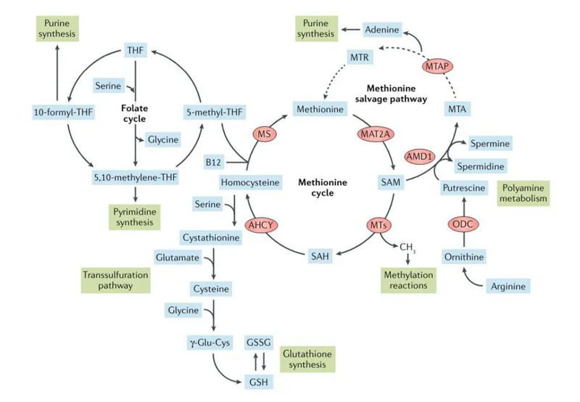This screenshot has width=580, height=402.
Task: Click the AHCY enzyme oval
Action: click(x=262, y=225)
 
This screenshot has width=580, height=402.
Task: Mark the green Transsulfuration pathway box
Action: click(x=114, y=280)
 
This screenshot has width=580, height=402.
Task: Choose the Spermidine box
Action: click(x=480, y=166)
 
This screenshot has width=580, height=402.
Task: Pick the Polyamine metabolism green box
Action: click(x=522, y=193)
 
